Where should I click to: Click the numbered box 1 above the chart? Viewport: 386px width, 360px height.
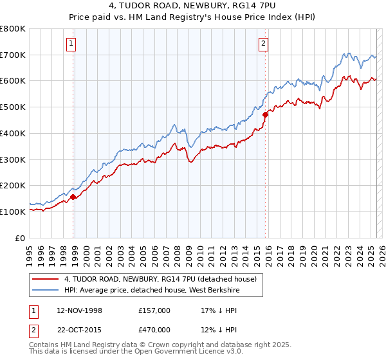pyautogui.click(x=70, y=44)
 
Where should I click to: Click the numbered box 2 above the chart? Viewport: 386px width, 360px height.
pyautogui.click(x=264, y=44)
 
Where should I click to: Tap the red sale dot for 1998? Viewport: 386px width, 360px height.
pyautogui.click(x=73, y=197)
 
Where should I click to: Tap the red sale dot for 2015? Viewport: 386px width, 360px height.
pyautogui.click(x=266, y=114)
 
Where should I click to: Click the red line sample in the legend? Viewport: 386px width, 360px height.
pyautogui.click(x=45, y=279)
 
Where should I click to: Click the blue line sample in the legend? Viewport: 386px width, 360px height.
pyautogui.click(x=45, y=290)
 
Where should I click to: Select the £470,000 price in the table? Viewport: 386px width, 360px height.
pyautogui.click(x=154, y=329)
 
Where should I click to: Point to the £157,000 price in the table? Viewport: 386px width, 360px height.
pyautogui.click(x=154, y=310)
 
